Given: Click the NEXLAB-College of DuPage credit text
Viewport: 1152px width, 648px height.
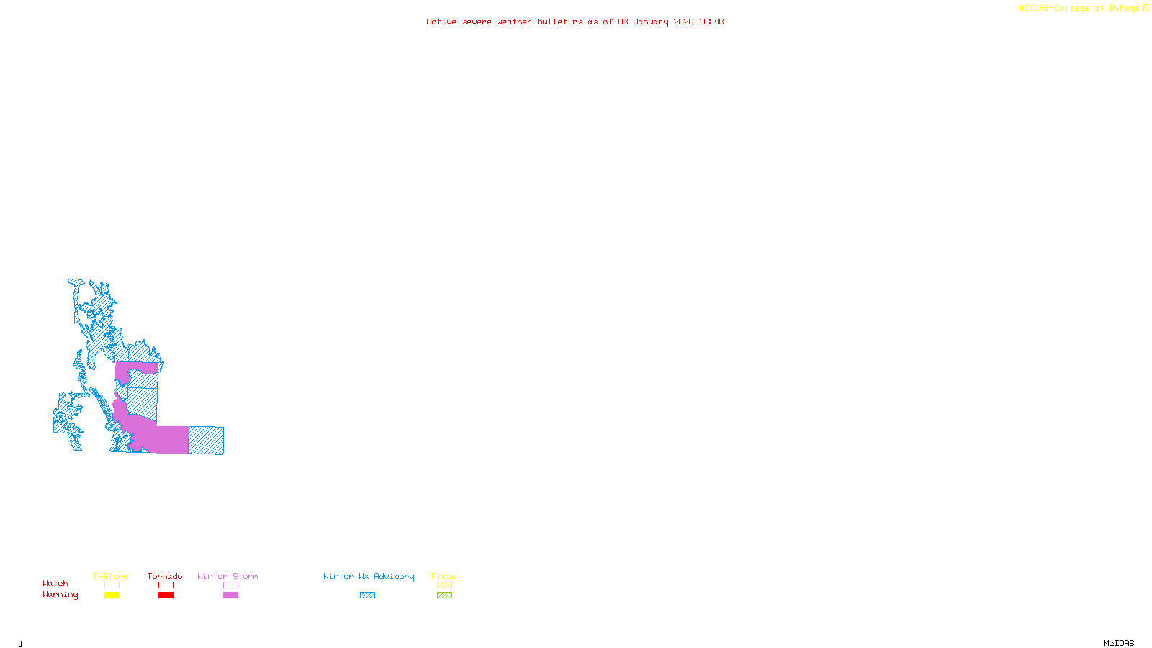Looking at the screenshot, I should [x=1083, y=9].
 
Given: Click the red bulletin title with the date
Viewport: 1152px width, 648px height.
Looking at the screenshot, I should [x=575, y=22].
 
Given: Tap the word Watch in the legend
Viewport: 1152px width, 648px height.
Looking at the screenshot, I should [x=55, y=583].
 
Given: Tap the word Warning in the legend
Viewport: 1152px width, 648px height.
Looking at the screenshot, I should [x=60, y=595].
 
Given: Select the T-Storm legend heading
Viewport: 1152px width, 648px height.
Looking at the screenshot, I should [x=111, y=576].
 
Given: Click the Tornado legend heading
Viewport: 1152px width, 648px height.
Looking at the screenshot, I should [x=165, y=576].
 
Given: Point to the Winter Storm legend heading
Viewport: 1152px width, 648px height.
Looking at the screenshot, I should [x=228, y=576].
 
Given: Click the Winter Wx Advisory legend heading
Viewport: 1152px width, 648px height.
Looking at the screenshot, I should [x=369, y=576].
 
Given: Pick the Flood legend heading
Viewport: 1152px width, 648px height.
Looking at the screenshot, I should [x=444, y=576].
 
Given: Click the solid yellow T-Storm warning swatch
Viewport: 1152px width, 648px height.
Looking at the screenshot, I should [x=112, y=595].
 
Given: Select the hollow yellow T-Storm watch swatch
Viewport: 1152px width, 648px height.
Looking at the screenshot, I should [x=112, y=585].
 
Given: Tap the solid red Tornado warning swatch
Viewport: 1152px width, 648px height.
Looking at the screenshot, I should [x=166, y=595].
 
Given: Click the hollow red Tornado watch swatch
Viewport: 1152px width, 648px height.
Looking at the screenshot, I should [x=166, y=585].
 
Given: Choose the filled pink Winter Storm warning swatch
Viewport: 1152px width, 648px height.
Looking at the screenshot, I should [x=230, y=595].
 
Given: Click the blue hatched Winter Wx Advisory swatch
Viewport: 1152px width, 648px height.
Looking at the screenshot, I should [x=367, y=595].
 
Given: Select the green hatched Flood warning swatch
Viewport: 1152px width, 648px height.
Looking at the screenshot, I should [x=444, y=595].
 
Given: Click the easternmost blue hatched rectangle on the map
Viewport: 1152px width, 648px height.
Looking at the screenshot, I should [x=206, y=441].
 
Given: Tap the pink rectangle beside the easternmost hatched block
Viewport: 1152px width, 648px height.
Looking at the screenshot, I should [x=173, y=439].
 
